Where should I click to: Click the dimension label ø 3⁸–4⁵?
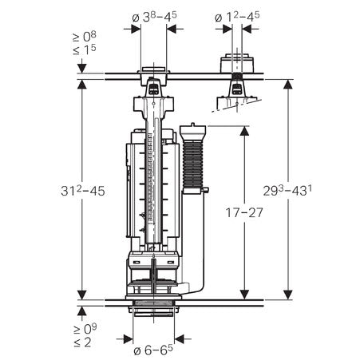154,17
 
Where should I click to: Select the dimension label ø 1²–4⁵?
237,17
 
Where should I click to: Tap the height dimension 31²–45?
83,190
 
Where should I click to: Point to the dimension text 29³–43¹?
287,190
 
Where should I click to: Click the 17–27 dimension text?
244,212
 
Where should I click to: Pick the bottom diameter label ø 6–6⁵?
153,350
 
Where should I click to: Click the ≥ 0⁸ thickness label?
85,37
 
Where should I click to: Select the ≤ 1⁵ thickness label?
85,49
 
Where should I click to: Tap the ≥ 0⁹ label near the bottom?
85,329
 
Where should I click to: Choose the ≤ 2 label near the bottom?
82,342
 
